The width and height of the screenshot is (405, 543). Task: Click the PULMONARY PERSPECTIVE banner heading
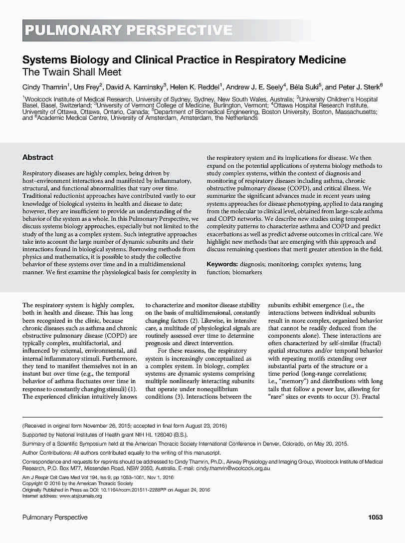tap(128, 30)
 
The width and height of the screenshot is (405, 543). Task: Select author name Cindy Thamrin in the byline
tap(43, 86)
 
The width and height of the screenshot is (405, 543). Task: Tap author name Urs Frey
tap(85, 86)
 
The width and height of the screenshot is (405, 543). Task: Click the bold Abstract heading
tap(38, 157)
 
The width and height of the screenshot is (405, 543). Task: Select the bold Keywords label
tap(222, 264)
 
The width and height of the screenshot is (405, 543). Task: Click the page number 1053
tap(375, 517)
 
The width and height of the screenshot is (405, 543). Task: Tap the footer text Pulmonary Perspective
tap(55, 517)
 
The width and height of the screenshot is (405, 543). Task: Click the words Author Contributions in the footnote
tap(47, 453)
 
